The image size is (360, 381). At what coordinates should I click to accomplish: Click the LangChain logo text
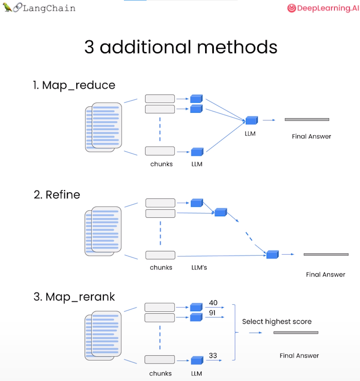pos(49,8)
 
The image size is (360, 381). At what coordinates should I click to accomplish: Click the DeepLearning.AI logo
pos(323,8)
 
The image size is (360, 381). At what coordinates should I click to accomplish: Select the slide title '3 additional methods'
pos(181,47)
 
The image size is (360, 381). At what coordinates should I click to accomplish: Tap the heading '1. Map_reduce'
pos(74,85)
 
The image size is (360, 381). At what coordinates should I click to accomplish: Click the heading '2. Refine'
pos(57,195)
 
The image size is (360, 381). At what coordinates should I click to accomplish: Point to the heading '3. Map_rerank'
pos(74,297)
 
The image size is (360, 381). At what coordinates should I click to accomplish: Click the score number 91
pos(213,313)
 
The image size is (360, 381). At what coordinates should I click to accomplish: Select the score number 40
pos(213,303)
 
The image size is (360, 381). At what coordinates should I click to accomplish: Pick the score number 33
pos(213,355)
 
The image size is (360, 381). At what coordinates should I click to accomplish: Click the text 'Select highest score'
pos(277,322)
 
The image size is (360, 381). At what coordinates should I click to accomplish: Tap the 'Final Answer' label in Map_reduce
pos(311,136)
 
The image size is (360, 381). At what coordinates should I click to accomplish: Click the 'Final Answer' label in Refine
pos(325,275)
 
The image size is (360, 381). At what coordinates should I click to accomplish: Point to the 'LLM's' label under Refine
pos(199,268)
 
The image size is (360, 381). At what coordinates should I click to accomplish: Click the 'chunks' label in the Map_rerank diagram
pos(161,373)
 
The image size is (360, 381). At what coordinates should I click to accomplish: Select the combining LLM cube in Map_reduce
pos(251,120)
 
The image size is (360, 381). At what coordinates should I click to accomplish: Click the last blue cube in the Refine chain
pos(272,254)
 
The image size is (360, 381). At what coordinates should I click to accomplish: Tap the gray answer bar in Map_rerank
pos(296,333)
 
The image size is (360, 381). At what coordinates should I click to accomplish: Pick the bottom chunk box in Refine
pos(160,255)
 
